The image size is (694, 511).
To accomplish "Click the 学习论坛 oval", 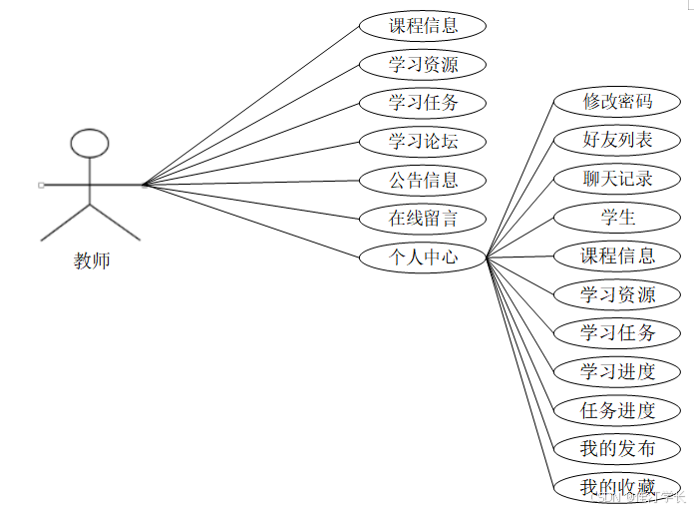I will tap(423, 142).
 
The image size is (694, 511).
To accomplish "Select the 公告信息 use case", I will tap(423, 181).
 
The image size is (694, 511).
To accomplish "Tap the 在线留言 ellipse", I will tap(423, 219).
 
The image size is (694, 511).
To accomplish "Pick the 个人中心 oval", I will tap(423, 257).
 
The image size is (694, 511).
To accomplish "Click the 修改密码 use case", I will tap(617, 101).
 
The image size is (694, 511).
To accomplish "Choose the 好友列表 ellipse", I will tap(617, 140).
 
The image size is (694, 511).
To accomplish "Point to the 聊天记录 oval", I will tap(617, 179).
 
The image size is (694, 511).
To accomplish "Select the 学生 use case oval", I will tap(617, 217).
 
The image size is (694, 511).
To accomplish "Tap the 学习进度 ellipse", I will tap(617, 371).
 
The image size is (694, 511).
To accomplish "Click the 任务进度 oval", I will tap(617, 410).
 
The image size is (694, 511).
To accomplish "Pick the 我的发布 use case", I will tap(617, 449).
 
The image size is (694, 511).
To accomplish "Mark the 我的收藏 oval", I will tap(617, 487).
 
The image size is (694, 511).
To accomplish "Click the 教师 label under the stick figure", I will tap(92, 261).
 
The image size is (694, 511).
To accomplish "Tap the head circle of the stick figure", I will tap(90, 143).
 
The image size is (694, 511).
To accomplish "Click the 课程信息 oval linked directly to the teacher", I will tap(423, 26).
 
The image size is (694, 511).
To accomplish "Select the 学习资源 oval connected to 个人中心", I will tap(617, 294).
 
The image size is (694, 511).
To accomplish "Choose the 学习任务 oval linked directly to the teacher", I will tap(423, 103).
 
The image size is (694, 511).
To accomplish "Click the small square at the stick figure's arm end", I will tap(41, 185).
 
